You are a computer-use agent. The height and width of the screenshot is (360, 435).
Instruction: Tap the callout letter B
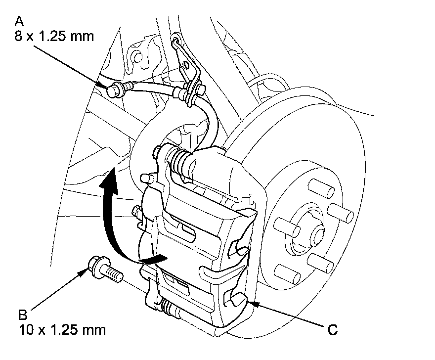[x=22, y=315]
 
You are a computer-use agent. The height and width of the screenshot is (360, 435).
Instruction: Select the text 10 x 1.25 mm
[x=62, y=330]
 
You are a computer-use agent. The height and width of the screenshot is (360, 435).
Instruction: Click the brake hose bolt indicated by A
[x=115, y=89]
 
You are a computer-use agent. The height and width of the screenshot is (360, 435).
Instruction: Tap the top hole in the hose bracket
[x=177, y=40]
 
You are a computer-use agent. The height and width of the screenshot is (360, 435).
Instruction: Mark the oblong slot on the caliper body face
[x=186, y=229]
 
